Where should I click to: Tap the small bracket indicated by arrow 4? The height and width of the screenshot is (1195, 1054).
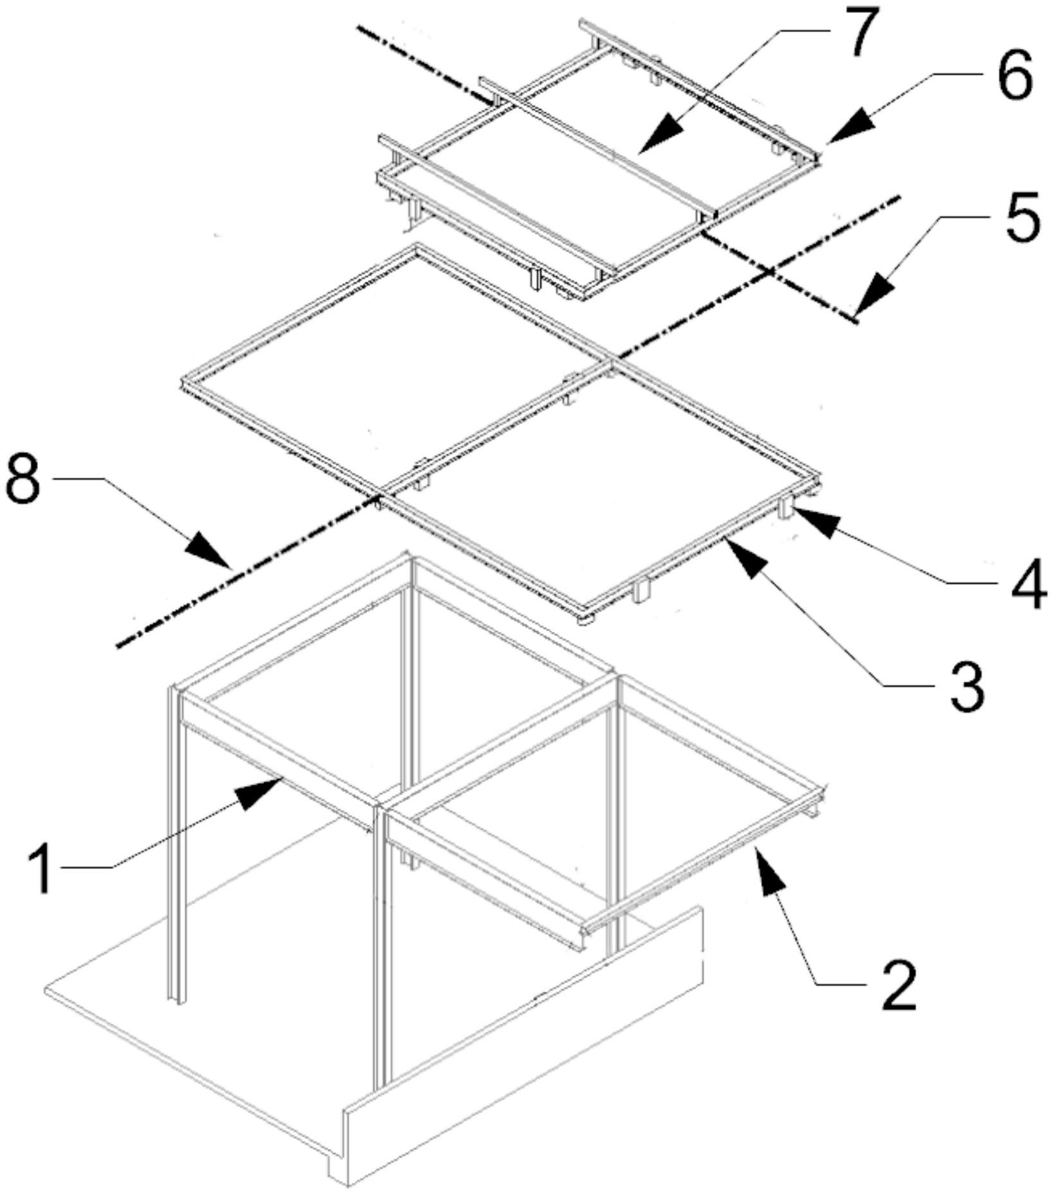coord(786,509)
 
